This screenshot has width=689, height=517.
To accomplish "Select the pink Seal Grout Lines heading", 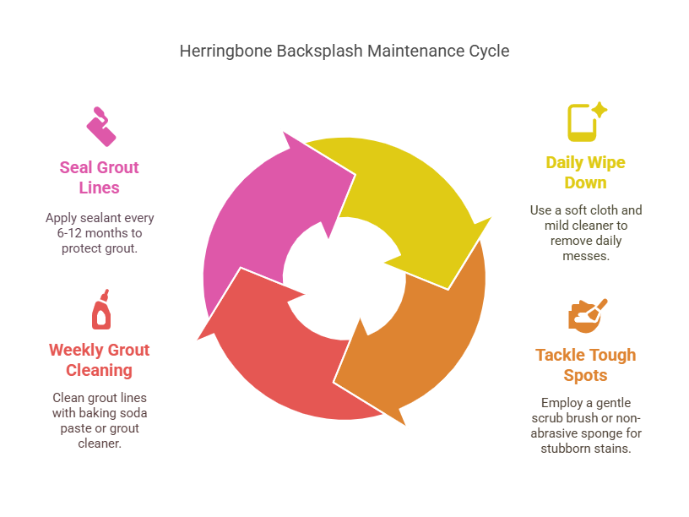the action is click(x=99, y=177).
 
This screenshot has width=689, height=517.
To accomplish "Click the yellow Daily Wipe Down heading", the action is click(x=585, y=172).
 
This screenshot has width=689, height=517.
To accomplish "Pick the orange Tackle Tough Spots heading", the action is click(x=585, y=365).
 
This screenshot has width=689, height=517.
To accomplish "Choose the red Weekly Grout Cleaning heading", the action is click(x=99, y=360).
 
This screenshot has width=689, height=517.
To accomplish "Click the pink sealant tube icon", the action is click(x=100, y=126).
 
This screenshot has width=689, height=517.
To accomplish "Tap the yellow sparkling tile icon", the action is click(x=586, y=121).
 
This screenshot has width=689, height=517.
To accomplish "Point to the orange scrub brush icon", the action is click(x=587, y=314).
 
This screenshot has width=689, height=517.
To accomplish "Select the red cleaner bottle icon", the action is click(x=100, y=310).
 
